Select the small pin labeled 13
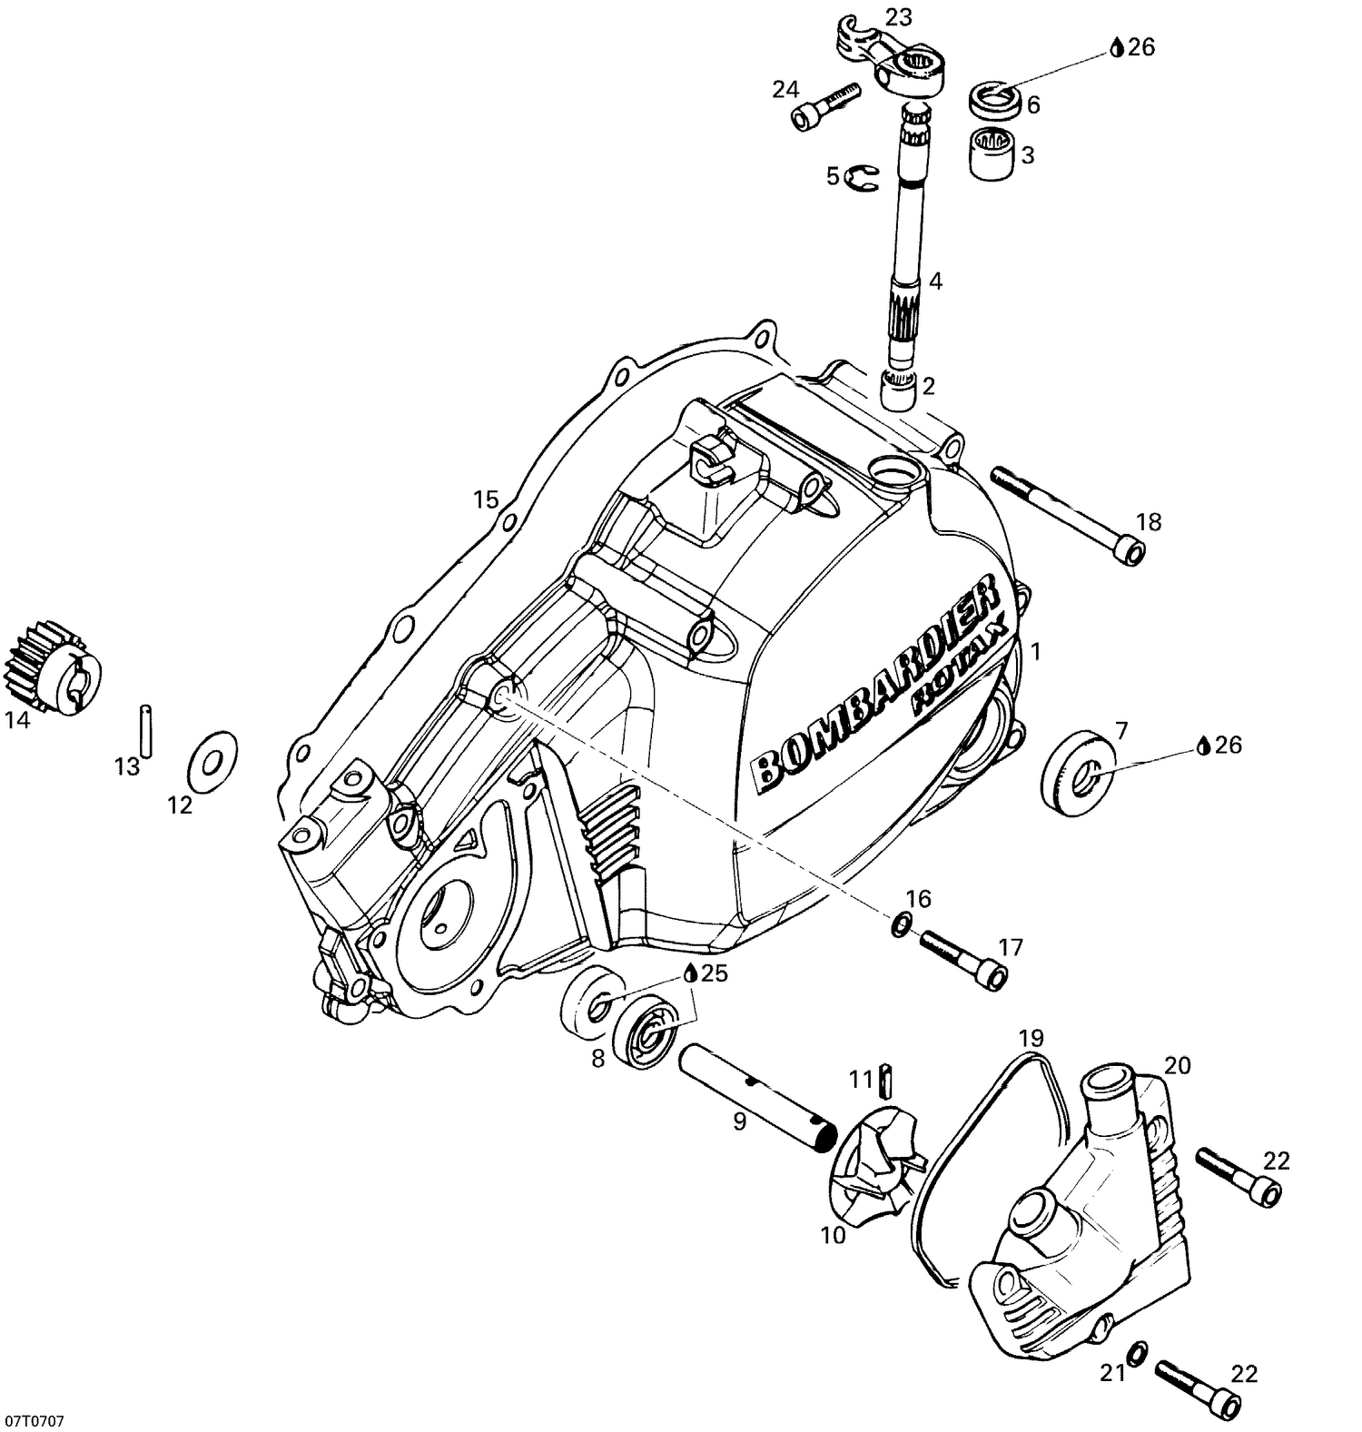tap(146, 728)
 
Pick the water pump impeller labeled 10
tap(876, 1165)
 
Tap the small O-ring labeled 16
tap(900, 925)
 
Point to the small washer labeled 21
tap(1136, 1353)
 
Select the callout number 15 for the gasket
tap(486, 499)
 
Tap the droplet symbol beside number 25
tap(691, 973)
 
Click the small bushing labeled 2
tap(900, 393)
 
